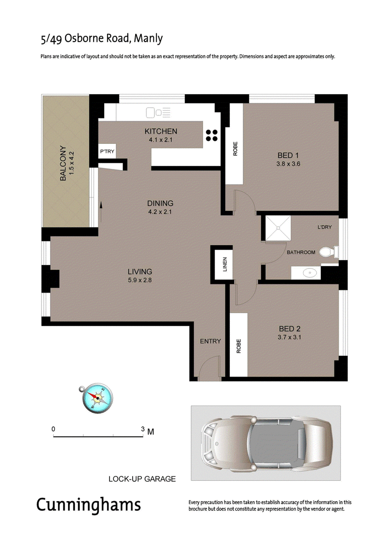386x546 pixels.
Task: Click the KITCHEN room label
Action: pyautogui.click(x=161, y=131)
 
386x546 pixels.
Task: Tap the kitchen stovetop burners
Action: pyautogui.click(x=212, y=136)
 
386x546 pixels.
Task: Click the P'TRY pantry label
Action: pyautogui.click(x=107, y=152)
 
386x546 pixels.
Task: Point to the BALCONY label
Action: pyautogui.click(x=63, y=163)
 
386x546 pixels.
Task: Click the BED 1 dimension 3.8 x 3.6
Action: pyautogui.click(x=288, y=164)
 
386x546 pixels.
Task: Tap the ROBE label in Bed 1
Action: pyautogui.click(x=235, y=149)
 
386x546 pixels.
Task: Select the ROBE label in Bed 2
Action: pyautogui.click(x=238, y=346)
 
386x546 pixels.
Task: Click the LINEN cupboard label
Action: pyautogui.click(x=224, y=264)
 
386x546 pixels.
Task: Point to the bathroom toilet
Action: pyautogui.click(x=329, y=252)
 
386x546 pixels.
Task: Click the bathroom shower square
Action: pyautogui.click(x=278, y=228)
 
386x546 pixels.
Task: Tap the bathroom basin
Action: pyautogui.click(x=309, y=273)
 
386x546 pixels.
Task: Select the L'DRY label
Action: pyautogui.click(x=324, y=227)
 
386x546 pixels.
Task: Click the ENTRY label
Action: pyautogui.click(x=210, y=341)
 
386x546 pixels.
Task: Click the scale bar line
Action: pyautogui.click(x=98, y=436)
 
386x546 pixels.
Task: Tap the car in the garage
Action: pyautogui.click(x=267, y=443)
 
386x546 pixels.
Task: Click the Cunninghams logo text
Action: pyautogui.click(x=88, y=505)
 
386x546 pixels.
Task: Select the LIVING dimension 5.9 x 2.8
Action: pyautogui.click(x=139, y=280)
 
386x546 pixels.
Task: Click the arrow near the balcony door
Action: pyautogui.click(x=101, y=212)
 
